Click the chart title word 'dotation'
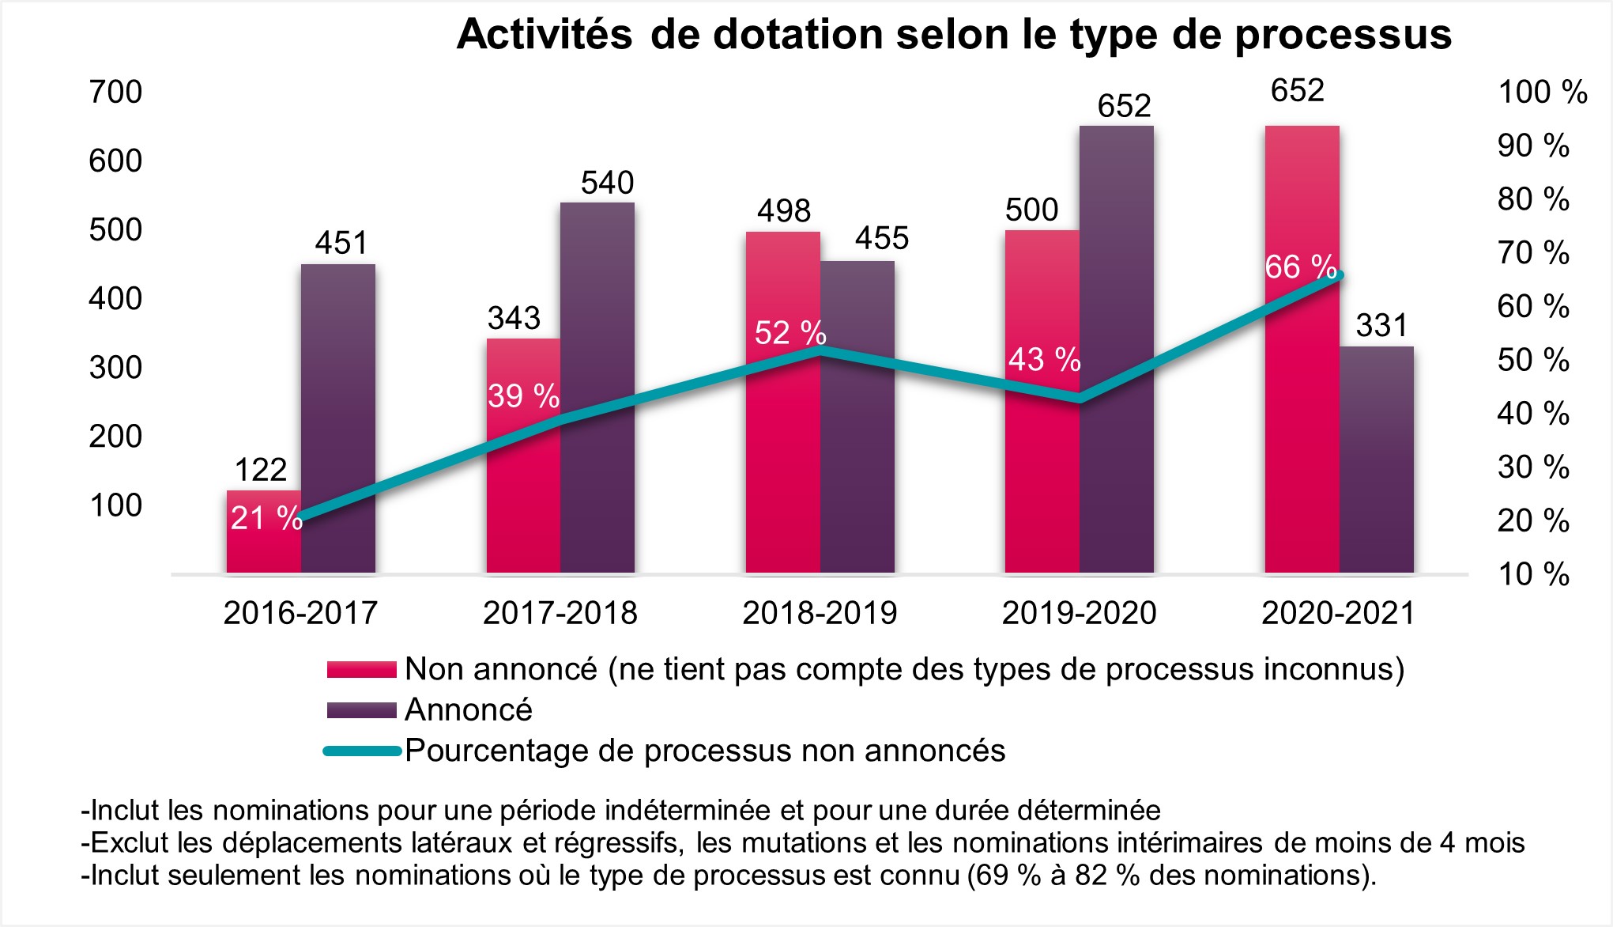pos(798,35)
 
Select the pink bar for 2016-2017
pos(263,546)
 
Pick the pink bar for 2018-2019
pos(782,443)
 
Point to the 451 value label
pos(341,243)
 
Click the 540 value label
pos(607,183)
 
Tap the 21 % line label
pos(266,518)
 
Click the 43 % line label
pos(1043,360)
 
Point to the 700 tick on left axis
pos(115,93)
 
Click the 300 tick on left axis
pos(115,368)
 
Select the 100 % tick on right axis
pos(1542,93)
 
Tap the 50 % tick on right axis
pos(1532,361)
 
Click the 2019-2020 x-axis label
pos(1079,613)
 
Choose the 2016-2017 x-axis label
pos(300,613)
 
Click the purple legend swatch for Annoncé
pos(361,710)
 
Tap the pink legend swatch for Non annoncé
pos(361,670)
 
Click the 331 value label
pos(1381,326)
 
